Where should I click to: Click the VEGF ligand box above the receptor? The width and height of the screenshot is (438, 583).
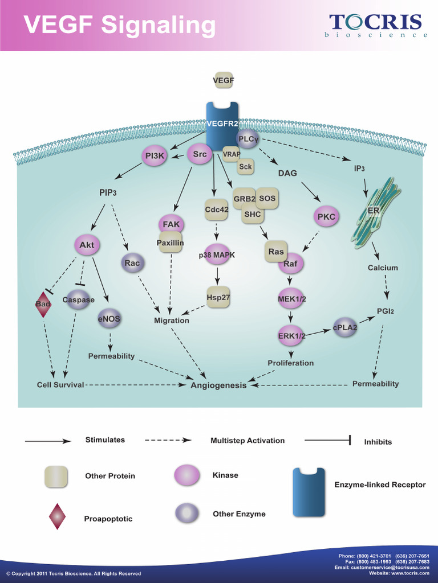pyautogui.click(x=224, y=80)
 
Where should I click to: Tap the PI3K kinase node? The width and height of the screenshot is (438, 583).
pyautogui.click(x=155, y=156)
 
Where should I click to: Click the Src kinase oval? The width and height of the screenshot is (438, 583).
pyautogui.click(x=200, y=154)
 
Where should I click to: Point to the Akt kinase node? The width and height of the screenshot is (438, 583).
pyautogui.click(x=87, y=245)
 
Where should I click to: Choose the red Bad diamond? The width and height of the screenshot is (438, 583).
pyautogui.click(x=43, y=304)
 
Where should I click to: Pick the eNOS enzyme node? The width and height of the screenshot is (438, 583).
pyautogui.click(x=109, y=318)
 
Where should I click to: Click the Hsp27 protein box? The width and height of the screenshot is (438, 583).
pyautogui.click(x=218, y=297)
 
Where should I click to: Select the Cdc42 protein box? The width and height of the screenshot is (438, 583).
pyautogui.click(x=217, y=210)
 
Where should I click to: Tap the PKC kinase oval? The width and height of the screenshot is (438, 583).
pyautogui.click(x=326, y=217)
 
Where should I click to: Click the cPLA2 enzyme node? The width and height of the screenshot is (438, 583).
pyautogui.click(x=345, y=327)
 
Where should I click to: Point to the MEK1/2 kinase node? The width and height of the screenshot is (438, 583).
pyautogui.click(x=291, y=298)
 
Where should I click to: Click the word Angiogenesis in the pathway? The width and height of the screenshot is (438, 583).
pyautogui.click(x=218, y=385)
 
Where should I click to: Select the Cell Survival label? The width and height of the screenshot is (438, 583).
pyautogui.click(x=60, y=385)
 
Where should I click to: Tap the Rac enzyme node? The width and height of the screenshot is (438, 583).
pyautogui.click(x=132, y=263)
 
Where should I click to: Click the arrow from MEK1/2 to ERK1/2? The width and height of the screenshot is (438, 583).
pyautogui.click(x=291, y=315)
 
